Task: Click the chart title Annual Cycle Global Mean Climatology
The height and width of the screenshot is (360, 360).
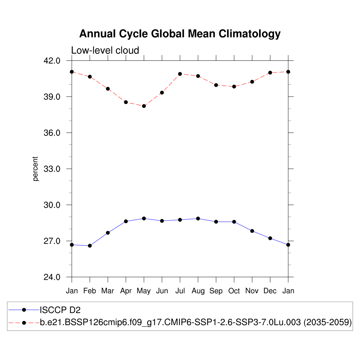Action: pos(180,34)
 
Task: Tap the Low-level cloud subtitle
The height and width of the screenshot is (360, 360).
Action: pos(105,50)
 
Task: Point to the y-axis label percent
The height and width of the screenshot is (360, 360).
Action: pos(36,169)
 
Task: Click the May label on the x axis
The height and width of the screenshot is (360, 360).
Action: pos(143,291)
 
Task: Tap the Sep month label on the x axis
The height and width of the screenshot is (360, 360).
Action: pos(216,291)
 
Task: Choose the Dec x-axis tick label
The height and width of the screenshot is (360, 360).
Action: pos(270,291)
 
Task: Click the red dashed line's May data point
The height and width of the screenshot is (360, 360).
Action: pos(144,106)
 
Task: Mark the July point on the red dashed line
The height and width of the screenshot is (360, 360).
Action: pos(180,74)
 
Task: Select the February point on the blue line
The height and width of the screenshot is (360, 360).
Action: pos(90,246)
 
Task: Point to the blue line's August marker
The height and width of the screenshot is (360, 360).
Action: pos(198,219)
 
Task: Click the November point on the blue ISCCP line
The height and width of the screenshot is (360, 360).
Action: pos(252,231)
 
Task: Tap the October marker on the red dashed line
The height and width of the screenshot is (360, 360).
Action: pos(234,86)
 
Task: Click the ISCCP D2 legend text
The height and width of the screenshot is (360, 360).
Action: pos(60,310)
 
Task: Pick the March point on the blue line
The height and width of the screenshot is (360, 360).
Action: pos(108,233)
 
